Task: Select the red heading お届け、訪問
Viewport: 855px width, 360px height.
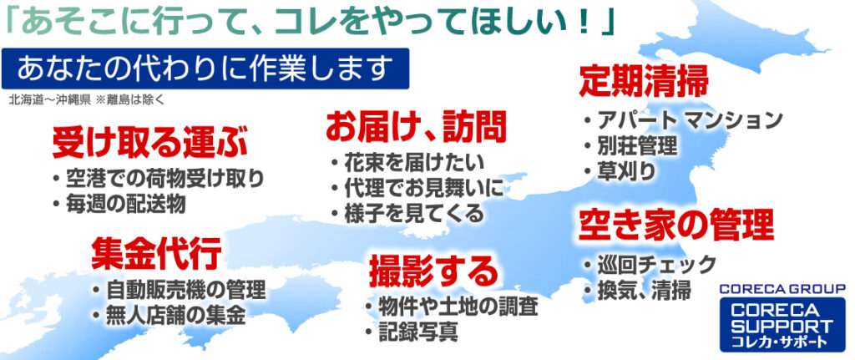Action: coord(417,126)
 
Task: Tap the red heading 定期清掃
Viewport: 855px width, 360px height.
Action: coord(644,81)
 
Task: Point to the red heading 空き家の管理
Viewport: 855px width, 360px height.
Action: coord(675,225)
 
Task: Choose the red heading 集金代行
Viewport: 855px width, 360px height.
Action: coord(156,253)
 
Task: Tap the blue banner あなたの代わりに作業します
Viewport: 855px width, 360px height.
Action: coord(205,68)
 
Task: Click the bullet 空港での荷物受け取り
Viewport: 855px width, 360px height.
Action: coord(159,179)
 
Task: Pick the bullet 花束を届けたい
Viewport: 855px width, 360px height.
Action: coord(407,162)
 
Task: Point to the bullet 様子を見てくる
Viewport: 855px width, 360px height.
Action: coord(407,213)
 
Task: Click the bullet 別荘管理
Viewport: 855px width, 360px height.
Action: coord(630,145)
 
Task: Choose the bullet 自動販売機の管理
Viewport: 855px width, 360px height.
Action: coord(179,290)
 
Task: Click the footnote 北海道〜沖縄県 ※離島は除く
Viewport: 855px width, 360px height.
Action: coord(86,100)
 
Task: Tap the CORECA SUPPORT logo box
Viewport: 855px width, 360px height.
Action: coord(782,324)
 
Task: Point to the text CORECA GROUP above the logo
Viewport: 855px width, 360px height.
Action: coord(782,288)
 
